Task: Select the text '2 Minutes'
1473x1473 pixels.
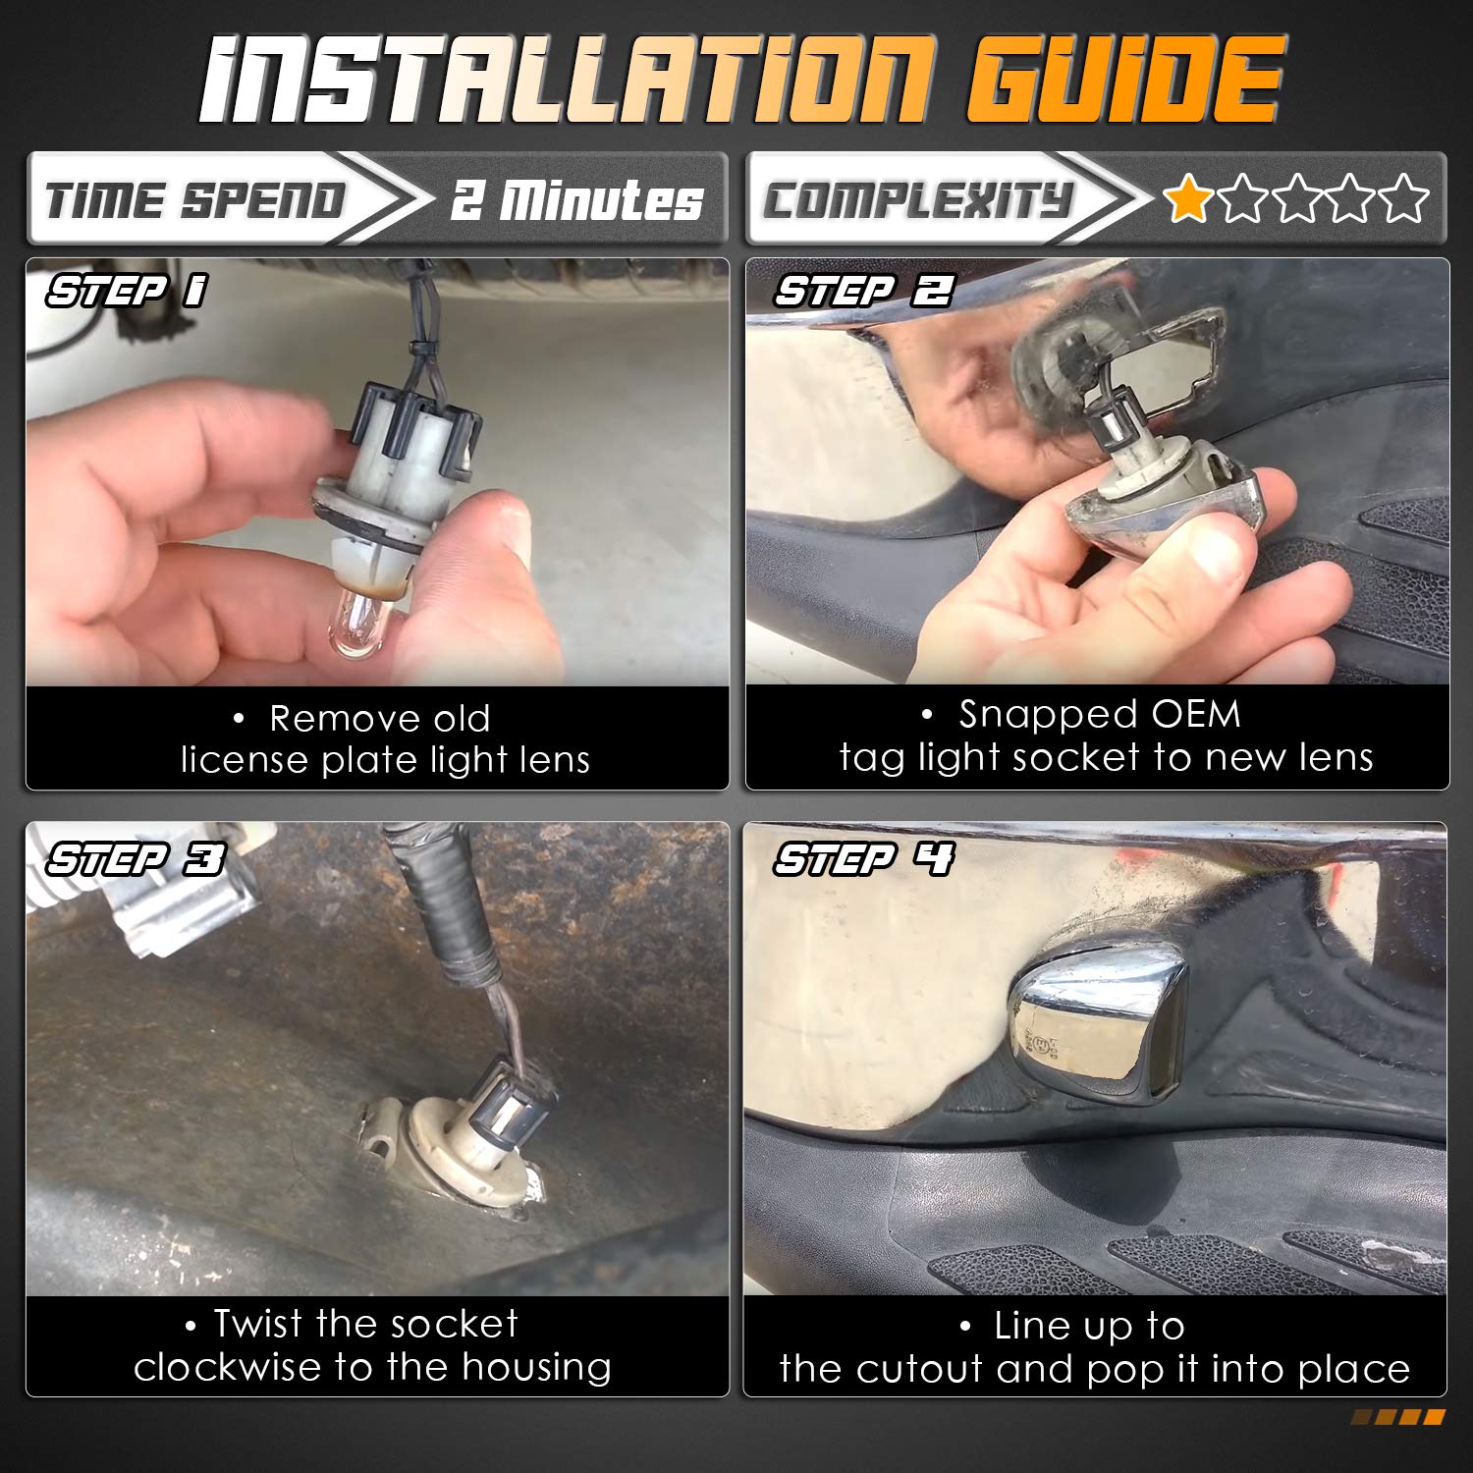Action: pyautogui.click(x=577, y=200)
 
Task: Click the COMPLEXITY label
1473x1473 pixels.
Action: pyautogui.click(x=917, y=200)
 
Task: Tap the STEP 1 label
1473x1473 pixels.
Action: pyautogui.click(x=127, y=291)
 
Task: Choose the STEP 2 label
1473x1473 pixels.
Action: pyautogui.click(x=864, y=291)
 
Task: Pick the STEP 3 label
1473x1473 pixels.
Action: pyautogui.click(x=136, y=859)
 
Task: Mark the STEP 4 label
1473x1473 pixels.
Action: pyautogui.click(x=863, y=859)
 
